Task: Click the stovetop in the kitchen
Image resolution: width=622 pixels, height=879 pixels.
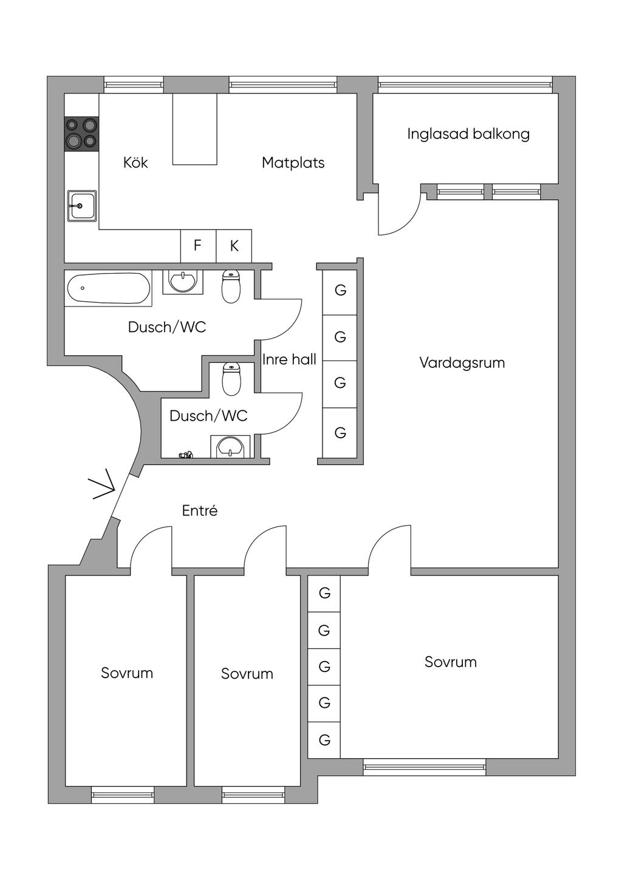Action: pyautogui.click(x=81, y=134)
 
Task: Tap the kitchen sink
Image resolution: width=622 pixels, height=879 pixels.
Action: pyautogui.click(x=81, y=206)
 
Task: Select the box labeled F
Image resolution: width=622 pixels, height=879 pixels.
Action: pyautogui.click(x=198, y=246)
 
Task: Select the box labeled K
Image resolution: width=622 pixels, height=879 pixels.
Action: pyautogui.click(x=234, y=246)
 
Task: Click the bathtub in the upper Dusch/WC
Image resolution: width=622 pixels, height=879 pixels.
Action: pyautogui.click(x=108, y=288)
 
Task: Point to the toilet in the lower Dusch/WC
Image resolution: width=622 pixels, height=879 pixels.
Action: pyautogui.click(x=231, y=379)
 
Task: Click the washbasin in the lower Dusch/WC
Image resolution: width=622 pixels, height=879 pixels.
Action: pyautogui.click(x=230, y=447)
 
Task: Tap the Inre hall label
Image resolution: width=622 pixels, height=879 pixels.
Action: pyautogui.click(x=289, y=359)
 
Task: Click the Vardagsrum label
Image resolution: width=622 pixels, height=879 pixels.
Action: pyautogui.click(x=462, y=363)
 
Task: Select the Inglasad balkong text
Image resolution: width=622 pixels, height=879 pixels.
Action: pyautogui.click(x=468, y=134)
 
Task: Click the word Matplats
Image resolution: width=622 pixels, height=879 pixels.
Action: pyautogui.click(x=293, y=163)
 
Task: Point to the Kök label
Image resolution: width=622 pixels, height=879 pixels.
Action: pyautogui.click(x=135, y=163)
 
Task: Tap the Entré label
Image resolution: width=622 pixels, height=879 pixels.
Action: pyautogui.click(x=200, y=511)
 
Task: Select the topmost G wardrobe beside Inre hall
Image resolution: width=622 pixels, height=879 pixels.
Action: pyautogui.click(x=340, y=291)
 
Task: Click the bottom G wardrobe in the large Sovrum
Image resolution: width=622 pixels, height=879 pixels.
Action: pyautogui.click(x=324, y=740)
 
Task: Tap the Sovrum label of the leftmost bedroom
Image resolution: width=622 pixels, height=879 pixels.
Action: pyautogui.click(x=127, y=673)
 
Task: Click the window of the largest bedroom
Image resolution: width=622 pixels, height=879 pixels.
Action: pyautogui.click(x=425, y=767)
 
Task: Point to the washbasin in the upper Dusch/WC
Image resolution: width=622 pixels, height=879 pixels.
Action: pyautogui.click(x=182, y=282)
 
